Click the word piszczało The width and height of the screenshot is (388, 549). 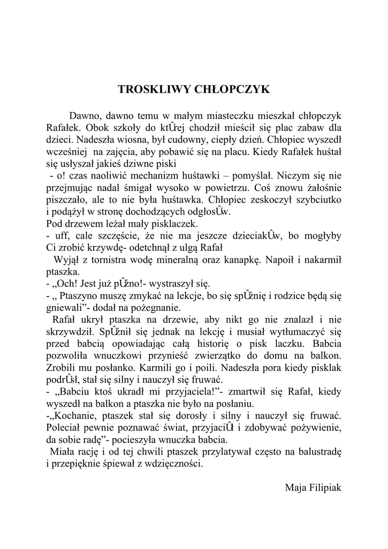click(x=65, y=199)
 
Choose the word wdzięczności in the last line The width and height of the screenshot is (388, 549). click(x=171, y=464)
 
